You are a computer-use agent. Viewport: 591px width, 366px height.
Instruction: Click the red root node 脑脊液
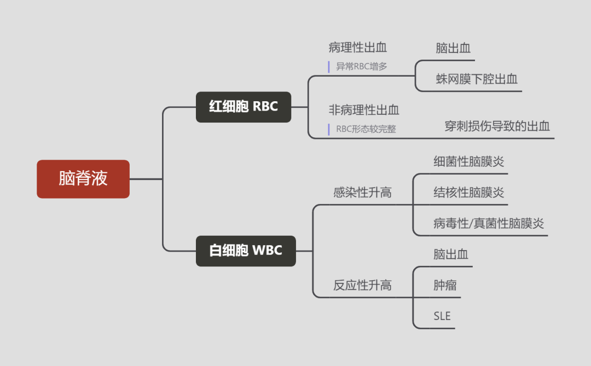83,179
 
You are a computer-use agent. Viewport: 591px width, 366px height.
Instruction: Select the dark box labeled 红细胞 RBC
244,107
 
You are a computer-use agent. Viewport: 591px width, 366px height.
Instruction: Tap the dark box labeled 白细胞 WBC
246,251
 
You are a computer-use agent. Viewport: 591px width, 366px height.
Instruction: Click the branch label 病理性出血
358,48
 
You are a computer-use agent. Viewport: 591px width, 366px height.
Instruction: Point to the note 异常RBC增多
362,67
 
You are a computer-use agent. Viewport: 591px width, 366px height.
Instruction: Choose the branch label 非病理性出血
364,110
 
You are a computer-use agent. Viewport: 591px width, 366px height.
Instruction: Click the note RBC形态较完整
366,130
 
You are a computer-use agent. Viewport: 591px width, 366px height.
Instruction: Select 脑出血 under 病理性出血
453,48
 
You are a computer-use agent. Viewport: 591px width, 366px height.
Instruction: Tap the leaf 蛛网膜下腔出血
477,79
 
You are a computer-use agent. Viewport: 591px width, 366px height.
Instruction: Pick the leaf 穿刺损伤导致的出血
497,126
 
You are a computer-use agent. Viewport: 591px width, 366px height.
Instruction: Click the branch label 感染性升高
362,193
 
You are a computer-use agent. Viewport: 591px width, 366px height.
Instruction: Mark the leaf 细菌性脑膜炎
468,162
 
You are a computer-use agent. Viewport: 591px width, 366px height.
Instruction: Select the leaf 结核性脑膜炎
468,193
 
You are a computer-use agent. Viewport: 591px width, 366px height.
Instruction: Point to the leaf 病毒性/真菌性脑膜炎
488,223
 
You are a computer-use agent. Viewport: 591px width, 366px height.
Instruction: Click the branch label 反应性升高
362,285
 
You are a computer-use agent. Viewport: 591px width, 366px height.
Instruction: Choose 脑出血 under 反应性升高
451,254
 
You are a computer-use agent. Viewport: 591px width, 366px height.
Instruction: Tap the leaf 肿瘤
445,285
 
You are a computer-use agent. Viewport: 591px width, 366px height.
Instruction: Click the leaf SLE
442,316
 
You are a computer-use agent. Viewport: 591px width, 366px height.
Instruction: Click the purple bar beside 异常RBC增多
329,67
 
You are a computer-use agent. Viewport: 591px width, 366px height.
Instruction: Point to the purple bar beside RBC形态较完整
329,130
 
